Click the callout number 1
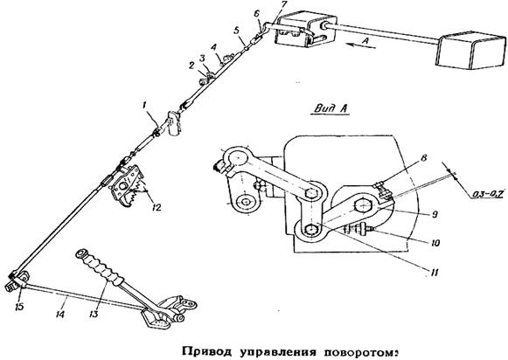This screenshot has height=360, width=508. (x=144, y=105)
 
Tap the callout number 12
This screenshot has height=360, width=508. (x=156, y=207)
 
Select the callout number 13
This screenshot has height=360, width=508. (x=94, y=313)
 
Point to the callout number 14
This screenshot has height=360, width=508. (x=60, y=314)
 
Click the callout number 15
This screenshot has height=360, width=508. (x=19, y=306)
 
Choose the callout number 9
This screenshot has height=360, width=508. (x=435, y=214)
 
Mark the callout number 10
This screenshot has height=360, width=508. (x=435, y=243)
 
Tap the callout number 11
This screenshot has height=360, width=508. (x=434, y=273)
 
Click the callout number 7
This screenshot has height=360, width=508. (x=284, y=4)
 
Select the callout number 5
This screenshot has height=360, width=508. (x=237, y=31)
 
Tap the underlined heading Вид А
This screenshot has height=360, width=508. (x=331, y=108)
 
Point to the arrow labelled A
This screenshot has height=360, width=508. (x=359, y=45)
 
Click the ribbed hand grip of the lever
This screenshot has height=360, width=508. (x=99, y=267)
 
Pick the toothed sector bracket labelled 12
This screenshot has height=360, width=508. (x=127, y=185)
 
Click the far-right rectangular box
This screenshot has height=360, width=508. (x=471, y=50)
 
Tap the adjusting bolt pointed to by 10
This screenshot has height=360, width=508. (x=358, y=230)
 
